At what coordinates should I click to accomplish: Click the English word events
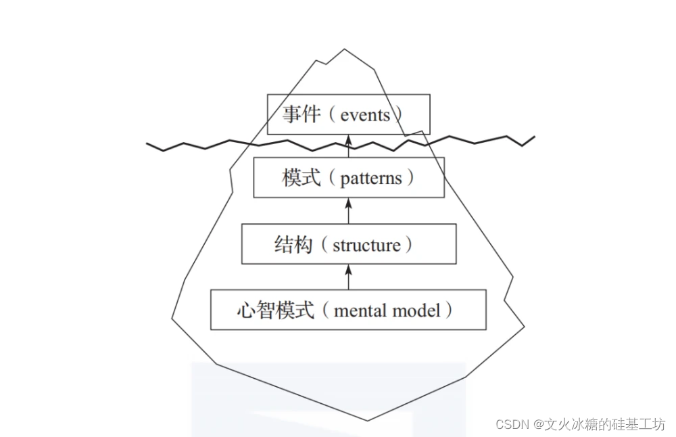click(365, 115)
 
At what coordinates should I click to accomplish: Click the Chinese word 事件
click(301, 114)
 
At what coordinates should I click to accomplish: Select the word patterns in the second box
click(371, 179)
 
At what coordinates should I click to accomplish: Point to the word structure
click(366, 245)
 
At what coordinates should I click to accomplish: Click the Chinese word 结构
click(294, 244)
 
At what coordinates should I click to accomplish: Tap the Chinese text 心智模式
click(276, 310)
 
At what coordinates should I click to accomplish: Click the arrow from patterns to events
click(349, 146)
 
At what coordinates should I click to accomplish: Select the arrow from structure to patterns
click(349, 210)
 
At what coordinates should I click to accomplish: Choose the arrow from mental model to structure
click(349, 277)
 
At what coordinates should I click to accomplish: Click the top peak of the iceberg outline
click(344, 49)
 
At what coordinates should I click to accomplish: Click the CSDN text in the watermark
click(512, 424)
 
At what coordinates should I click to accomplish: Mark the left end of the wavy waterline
click(148, 144)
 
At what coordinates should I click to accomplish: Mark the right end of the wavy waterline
click(534, 137)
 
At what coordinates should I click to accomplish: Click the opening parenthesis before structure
click(324, 245)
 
